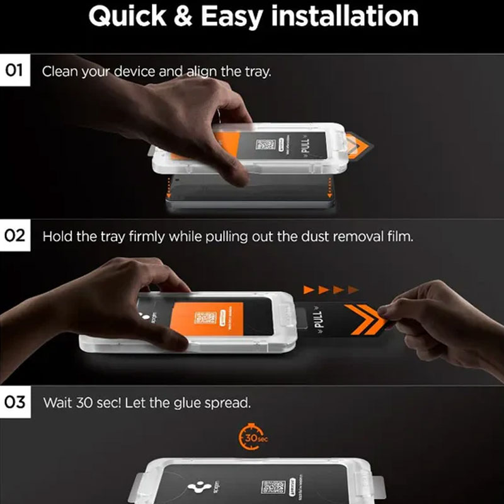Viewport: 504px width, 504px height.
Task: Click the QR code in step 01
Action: point(265,144)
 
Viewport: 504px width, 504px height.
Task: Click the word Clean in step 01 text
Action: point(59,71)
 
